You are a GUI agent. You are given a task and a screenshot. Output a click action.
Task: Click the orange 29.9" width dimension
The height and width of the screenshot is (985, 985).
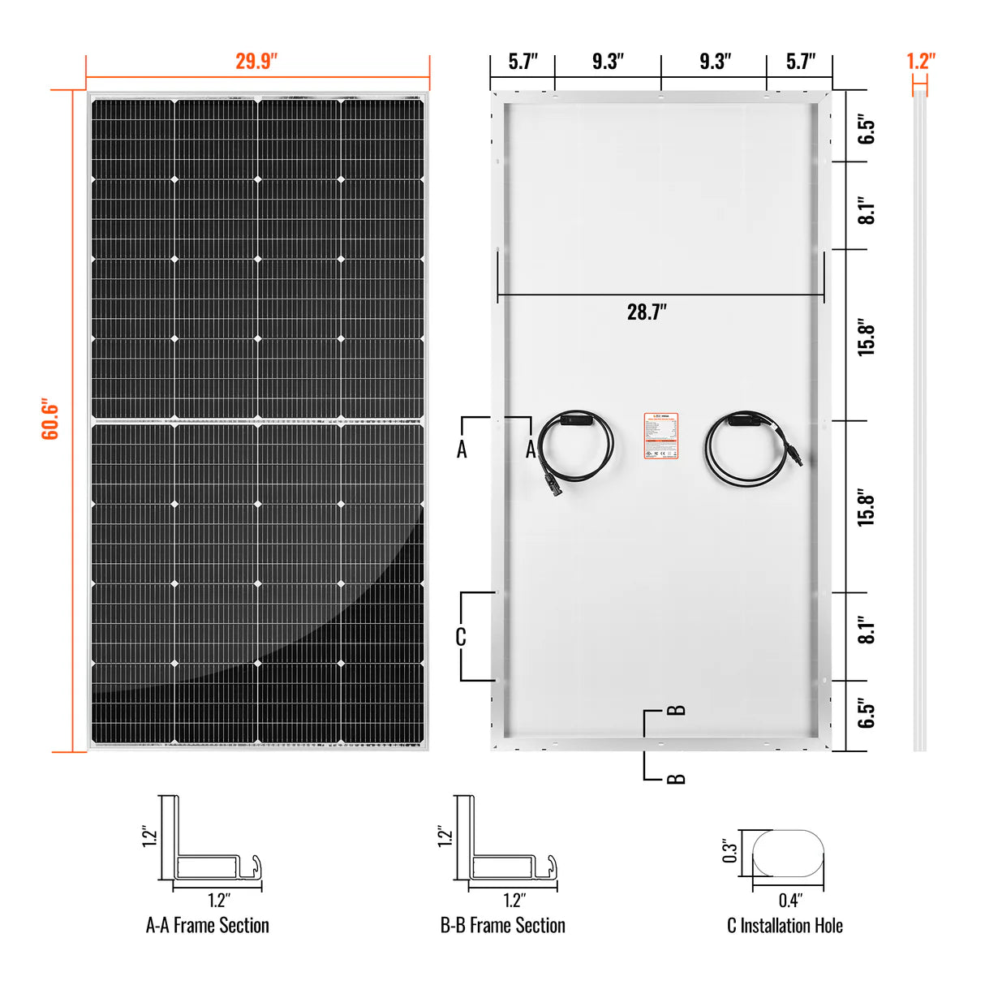click(x=256, y=62)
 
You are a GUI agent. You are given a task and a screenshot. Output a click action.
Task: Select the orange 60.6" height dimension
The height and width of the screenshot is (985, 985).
click(x=50, y=419)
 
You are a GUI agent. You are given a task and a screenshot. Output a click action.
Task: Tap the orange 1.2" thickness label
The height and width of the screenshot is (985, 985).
click(x=920, y=62)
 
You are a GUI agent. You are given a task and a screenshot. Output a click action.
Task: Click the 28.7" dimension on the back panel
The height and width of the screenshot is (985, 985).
click(x=647, y=312)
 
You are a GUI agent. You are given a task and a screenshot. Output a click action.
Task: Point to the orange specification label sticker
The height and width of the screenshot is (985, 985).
click(x=660, y=436)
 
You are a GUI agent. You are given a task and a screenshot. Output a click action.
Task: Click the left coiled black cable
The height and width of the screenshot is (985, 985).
click(x=574, y=447)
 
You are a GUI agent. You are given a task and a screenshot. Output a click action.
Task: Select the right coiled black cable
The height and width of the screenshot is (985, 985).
click(x=745, y=449)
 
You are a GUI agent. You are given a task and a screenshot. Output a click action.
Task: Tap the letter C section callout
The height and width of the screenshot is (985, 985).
click(x=461, y=638)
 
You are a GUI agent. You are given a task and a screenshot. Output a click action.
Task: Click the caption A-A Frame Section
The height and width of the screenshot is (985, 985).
click(x=208, y=926)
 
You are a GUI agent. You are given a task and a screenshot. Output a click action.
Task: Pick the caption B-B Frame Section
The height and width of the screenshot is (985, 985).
click(x=502, y=926)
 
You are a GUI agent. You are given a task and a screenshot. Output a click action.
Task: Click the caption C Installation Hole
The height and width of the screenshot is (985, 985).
click(x=785, y=926)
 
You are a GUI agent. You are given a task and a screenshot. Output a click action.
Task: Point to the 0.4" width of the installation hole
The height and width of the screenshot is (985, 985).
click(x=789, y=900)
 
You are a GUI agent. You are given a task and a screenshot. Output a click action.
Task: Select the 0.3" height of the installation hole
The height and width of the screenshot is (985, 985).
click(x=730, y=851)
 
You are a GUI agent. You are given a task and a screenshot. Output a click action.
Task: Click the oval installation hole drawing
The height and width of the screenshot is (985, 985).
click(x=788, y=853)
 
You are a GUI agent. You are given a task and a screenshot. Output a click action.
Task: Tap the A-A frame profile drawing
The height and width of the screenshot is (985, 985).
click(x=209, y=844)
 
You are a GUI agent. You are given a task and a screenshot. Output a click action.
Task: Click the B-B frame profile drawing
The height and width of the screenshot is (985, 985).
click(x=504, y=844)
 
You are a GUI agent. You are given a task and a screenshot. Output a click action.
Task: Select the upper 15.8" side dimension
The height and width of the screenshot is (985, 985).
click(x=867, y=336)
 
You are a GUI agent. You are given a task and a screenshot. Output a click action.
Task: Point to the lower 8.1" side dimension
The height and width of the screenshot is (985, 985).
click(x=867, y=630)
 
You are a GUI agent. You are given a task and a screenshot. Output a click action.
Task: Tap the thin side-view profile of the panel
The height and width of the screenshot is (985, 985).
click(x=919, y=422)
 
